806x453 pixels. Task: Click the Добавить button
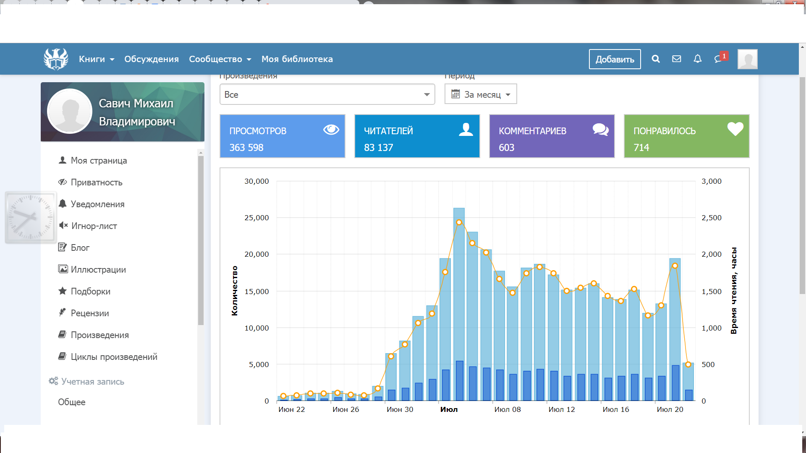pos(615,59)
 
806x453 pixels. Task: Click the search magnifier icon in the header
pos(656,59)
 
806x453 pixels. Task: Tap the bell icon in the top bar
pos(697,59)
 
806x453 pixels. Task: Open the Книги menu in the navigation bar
pos(97,59)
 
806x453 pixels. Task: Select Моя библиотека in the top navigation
pos(297,59)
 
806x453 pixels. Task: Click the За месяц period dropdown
pos(481,94)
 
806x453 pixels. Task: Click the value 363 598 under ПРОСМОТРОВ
pos(246,148)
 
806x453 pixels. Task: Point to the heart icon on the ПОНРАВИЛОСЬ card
pos(735,129)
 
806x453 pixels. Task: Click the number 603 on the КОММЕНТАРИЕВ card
pos(506,148)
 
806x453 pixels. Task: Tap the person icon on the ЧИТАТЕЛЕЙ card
pos(466,129)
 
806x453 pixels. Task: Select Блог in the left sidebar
pos(80,248)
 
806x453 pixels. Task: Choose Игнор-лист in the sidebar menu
pos(94,226)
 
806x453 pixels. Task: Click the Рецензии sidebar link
pos(89,313)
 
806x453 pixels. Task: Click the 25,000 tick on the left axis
pos(256,218)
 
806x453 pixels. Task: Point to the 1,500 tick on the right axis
pos(712,292)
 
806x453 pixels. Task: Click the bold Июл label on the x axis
pos(449,409)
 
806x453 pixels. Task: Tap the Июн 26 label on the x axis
pos(345,409)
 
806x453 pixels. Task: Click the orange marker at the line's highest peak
pos(459,222)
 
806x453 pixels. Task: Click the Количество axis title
pos(235,291)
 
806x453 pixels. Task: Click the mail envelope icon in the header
pos(676,59)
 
